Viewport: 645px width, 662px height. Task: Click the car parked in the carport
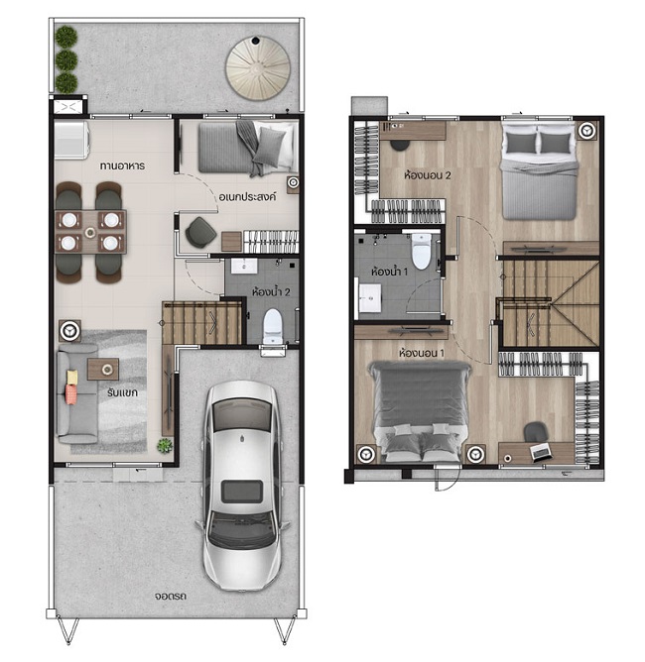pyautogui.click(x=242, y=485)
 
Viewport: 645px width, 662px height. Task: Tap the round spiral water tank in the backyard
pyautogui.click(x=258, y=68)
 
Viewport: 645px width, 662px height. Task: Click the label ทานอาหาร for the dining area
pyautogui.click(x=122, y=165)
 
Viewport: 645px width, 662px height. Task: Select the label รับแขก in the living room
pyautogui.click(x=122, y=392)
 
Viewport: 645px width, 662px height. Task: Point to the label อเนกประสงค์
pyautogui.click(x=247, y=196)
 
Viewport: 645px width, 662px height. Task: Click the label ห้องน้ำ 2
pyautogui.click(x=271, y=291)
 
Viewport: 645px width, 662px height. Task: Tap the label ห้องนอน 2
pyautogui.click(x=428, y=174)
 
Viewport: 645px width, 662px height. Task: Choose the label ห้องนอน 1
pyautogui.click(x=422, y=352)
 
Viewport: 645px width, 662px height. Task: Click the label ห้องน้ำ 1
pyautogui.click(x=389, y=272)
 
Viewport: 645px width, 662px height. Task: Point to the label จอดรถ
pyautogui.click(x=171, y=596)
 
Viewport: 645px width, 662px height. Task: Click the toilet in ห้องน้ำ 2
pyautogui.click(x=272, y=327)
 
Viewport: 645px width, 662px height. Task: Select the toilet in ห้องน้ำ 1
pyautogui.click(x=421, y=251)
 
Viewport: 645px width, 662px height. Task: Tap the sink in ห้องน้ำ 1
pyautogui.click(x=369, y=297)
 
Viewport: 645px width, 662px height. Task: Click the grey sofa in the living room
pyautogui.click(x=77, y=393)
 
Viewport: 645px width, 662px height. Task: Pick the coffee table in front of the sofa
pyautogui.click(x=103, y=369)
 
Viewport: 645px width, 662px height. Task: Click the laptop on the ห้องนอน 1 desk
pyautogui.click(x=541, y=452)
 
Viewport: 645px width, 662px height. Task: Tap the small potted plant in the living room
pyautogui.click(x=165, y=445)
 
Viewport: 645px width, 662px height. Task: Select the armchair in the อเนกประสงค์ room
pyautogui.click(x=200, y=232)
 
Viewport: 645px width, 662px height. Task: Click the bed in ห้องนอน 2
pyautogui.click(x=539, y=170)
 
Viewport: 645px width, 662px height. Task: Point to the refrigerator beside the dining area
pyautogui.click(x=71, y=140)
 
